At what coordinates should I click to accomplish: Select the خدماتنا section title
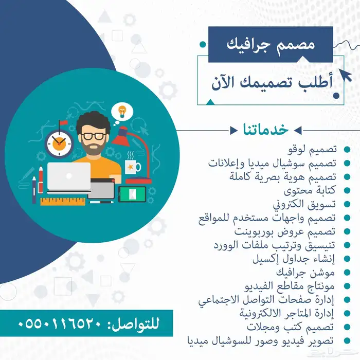point(266,129)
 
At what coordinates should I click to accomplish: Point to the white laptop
point(68,177)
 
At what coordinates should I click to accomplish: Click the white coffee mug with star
point(132,167)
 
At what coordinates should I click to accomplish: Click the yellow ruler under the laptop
point(63,202)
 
